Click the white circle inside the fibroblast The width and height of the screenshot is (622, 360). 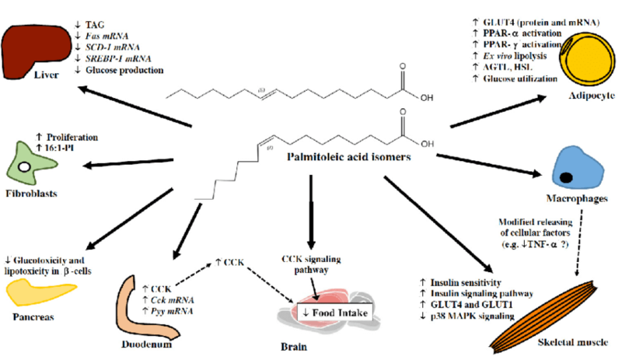point(26,166)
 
